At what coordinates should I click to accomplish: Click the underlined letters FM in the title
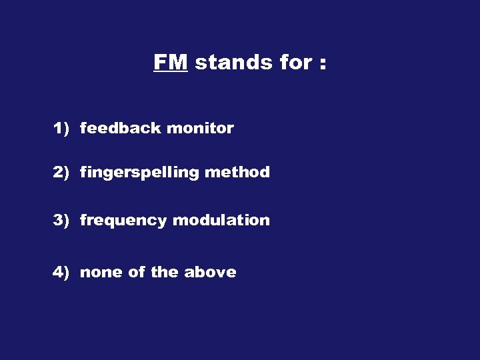[x=171, y=62]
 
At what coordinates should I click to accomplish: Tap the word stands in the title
[x=225, y=62]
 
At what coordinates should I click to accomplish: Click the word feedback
[x=121, y=128]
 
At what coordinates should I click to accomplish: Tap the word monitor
[x=200, y=128]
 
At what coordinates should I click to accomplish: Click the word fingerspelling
[x=139, y=173]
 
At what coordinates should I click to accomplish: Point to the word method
[x=237, y=172]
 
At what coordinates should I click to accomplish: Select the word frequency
[x=123, y=221]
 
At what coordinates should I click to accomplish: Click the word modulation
[x=221, y=220]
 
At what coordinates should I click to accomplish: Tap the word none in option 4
[x=100, y=272]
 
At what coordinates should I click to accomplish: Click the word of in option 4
[x=135, y=272]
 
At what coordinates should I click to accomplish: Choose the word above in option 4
[x=210, y=272]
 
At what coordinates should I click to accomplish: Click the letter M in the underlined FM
[x=179, y=62]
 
